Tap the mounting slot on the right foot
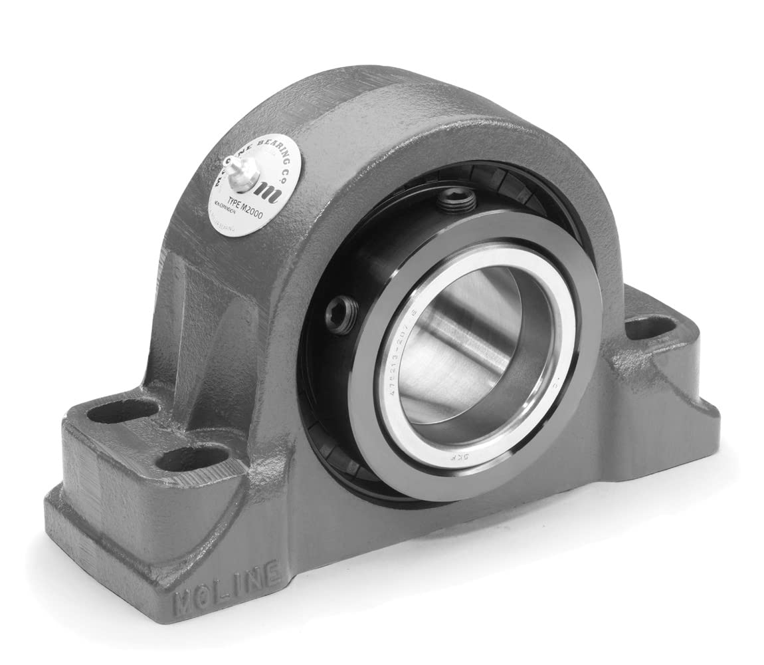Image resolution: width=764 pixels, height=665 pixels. click(650, 327)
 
